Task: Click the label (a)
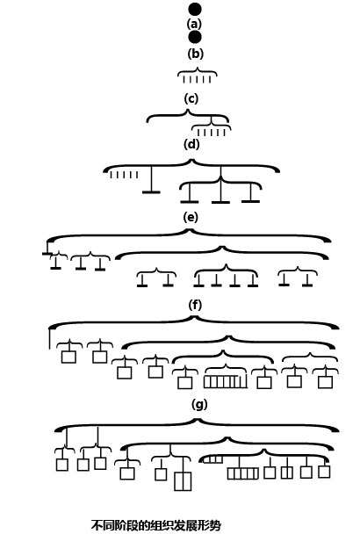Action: pyautogui.click(x=194, y=24)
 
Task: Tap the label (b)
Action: pyautogui.click(x=195, y=54)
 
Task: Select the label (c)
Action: pyautogui.click(x=191, y=98)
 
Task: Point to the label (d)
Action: pyautogui.click(x=191, y=144)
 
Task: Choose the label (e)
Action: pyautogui.click(x=191, y=217)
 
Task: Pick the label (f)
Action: pyautogui.click(x=195, y=305)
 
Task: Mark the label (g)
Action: pyautogui.click(x=199, y=405)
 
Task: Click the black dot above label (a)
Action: pyautogui.click(x=195, y=9)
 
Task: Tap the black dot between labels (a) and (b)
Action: pyautogui.click(x=195, y=38)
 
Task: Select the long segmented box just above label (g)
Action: pyautogui.click(x=226, y=381)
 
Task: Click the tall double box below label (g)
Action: pyautogui.click(x=183, y=481)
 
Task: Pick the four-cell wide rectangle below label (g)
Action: pyautogui.click(x=243, y=473)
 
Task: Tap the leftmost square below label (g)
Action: pyautogui.click(x=62, y=465)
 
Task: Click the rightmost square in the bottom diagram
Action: pyautogui.click(x=324, y=472)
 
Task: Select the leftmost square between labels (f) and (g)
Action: pyautogui.click(x=68, y=357)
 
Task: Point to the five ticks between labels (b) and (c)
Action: pyautogui.click(x=198, y=80)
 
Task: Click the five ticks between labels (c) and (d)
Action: pyautogui.click(x=212, y=133)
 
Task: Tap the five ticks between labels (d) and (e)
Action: pyautogui.click(x=124, y=175)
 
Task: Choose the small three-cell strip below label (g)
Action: pyautogui.click(x=213, y=459)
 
